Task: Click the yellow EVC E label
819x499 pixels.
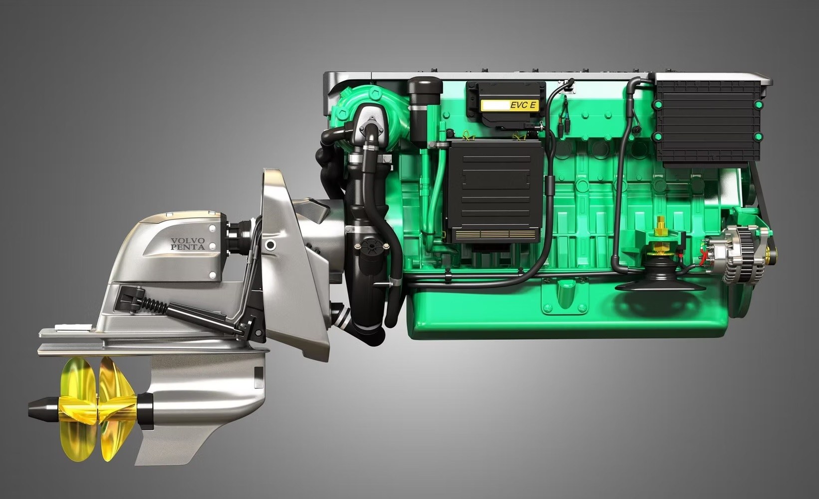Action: (x=510, y=106)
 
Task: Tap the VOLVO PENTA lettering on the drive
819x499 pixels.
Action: (x=188, y=244)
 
